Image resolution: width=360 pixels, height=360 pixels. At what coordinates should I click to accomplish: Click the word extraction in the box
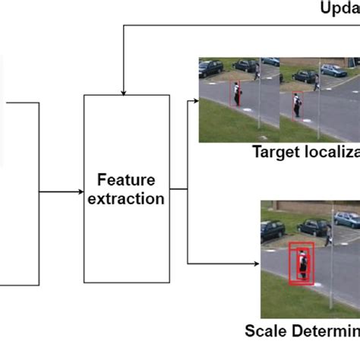point(126,199)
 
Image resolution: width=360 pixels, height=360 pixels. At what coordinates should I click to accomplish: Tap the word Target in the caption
point(274,152)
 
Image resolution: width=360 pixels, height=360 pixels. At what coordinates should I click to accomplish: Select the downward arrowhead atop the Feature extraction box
point(122,90)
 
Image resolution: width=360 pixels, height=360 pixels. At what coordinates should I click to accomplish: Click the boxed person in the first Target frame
point(236,94)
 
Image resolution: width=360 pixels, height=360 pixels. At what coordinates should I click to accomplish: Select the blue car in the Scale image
point(347,219)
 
